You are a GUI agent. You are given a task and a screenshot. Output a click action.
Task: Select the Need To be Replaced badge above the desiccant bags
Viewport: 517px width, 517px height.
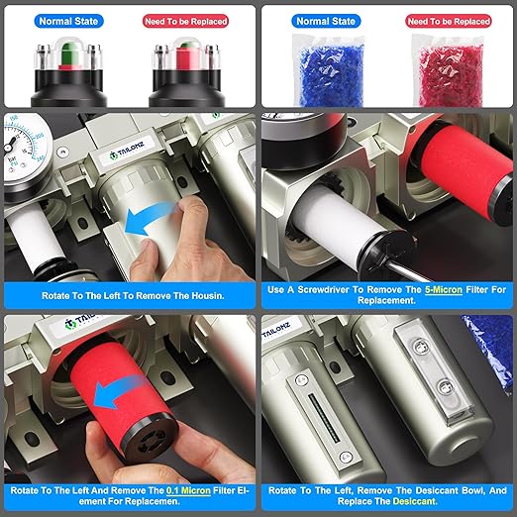coord(448,20)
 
